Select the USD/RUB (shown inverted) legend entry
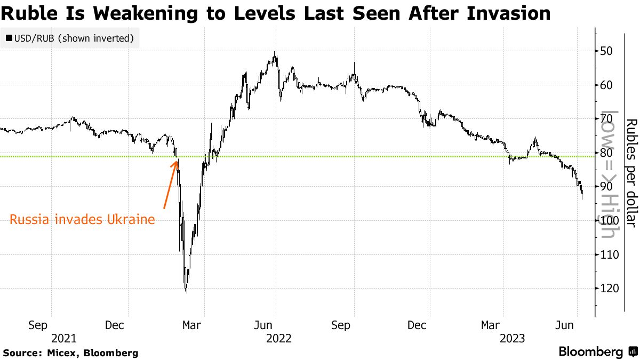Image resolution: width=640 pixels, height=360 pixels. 69,38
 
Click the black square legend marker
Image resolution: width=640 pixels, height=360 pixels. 9,38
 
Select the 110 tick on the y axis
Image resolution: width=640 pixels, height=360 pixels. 609,254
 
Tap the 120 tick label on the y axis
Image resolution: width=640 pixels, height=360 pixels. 609,288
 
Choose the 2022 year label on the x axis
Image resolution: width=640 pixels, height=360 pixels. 278,338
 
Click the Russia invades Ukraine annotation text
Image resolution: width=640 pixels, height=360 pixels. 82,219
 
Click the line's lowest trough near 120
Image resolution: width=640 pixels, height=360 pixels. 186,291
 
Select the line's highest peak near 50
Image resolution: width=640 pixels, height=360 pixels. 275,53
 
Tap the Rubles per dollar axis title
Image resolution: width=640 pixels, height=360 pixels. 631,173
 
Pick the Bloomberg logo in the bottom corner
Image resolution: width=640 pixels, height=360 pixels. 597,352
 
